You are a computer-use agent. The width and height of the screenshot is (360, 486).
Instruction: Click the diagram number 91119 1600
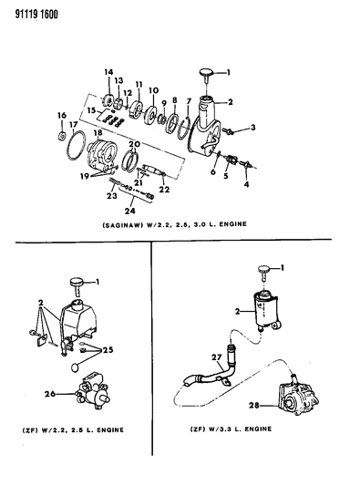pyautogui.click(x=36, y=14)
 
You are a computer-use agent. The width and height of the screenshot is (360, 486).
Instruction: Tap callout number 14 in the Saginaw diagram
pyautogui.click(x=108, y=72)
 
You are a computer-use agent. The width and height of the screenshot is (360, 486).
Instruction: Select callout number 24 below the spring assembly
pyautogui.click(x=130, y=211)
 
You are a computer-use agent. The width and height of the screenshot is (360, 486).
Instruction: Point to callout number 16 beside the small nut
pyautogui.click(x=62, y=115)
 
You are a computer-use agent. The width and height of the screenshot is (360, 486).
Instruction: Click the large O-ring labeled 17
pyautogui.click(x=76, y=145)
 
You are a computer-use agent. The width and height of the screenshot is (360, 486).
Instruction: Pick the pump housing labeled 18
pyautogui.click(x=100, y=155)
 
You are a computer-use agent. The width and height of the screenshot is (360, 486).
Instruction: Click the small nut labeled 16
pyautogui.click(x=62, y=136)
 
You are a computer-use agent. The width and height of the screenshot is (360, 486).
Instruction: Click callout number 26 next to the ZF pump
pyautogui.click(x=50, y=394)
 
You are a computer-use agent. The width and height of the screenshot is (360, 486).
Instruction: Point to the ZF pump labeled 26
pyautogui.click(x=92, y=392)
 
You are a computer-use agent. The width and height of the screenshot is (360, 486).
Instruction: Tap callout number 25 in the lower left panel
pyautogui.click(x=108, y=350)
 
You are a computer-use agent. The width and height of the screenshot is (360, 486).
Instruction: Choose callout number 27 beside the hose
pyautogui.click(x=217, y=357)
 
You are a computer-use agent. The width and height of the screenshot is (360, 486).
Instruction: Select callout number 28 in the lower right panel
pyautogui.click(x=254, y=405)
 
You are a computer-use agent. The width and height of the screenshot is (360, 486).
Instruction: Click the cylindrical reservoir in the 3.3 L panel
pyautogui.click(x=266, y=311)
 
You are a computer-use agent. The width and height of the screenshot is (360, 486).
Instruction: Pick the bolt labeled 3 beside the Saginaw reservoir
pyautogui.click(x=230, y=130)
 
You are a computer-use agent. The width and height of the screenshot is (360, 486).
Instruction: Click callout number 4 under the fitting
pyautogui.click(x=246, y=184)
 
